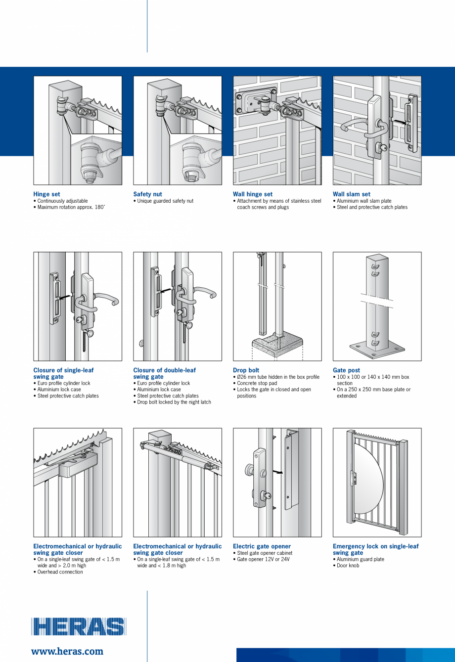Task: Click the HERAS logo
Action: pyautogui.click(x=79, y=626)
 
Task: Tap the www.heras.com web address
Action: pyautogui.click(x=67, y=651)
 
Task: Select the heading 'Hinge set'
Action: pyautogui.click(x=46, y=194)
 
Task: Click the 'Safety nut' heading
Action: pyautogui.click(x=147, y=194)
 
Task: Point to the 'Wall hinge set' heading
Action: pyautogui.click(x=252, y=194)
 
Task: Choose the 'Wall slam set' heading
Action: pyautogui.click(x=351, y=194)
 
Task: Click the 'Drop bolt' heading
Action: pyautogui.click(x=246, y=370)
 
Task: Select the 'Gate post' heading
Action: pyautogui.click(x=346, y=370)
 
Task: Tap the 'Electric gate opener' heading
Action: pyautogui.click(x=262, y=546)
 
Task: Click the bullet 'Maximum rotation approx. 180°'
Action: pyautogui.click(x=71, y=207)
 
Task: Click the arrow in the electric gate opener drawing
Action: pyautogui.click(x=279, y=472)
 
